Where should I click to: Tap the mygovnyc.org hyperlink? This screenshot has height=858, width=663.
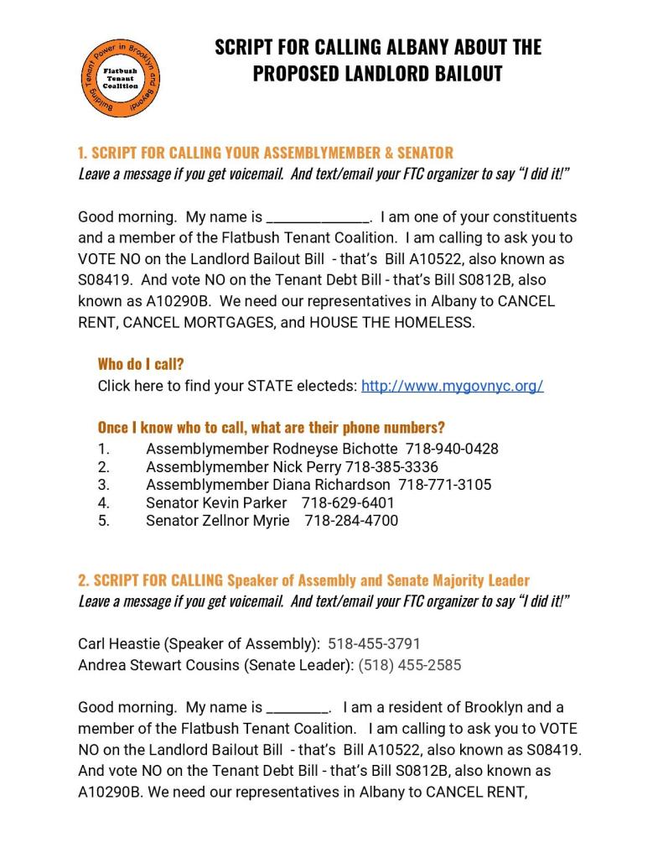point(452,386)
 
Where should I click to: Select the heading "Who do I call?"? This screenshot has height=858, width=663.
point(141,364)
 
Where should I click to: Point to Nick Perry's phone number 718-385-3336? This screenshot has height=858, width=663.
point(391,466)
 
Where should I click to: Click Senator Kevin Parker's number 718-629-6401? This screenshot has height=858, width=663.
point(348,502)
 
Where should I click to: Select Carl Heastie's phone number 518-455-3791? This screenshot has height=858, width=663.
point(374,644)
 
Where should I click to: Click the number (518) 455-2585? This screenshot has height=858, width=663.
point(409,665)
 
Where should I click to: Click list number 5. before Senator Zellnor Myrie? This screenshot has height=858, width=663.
point(104,521)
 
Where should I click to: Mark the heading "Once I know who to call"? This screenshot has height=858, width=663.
point(271,427)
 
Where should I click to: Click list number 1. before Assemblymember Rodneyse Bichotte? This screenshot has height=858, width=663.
point(104,449)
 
